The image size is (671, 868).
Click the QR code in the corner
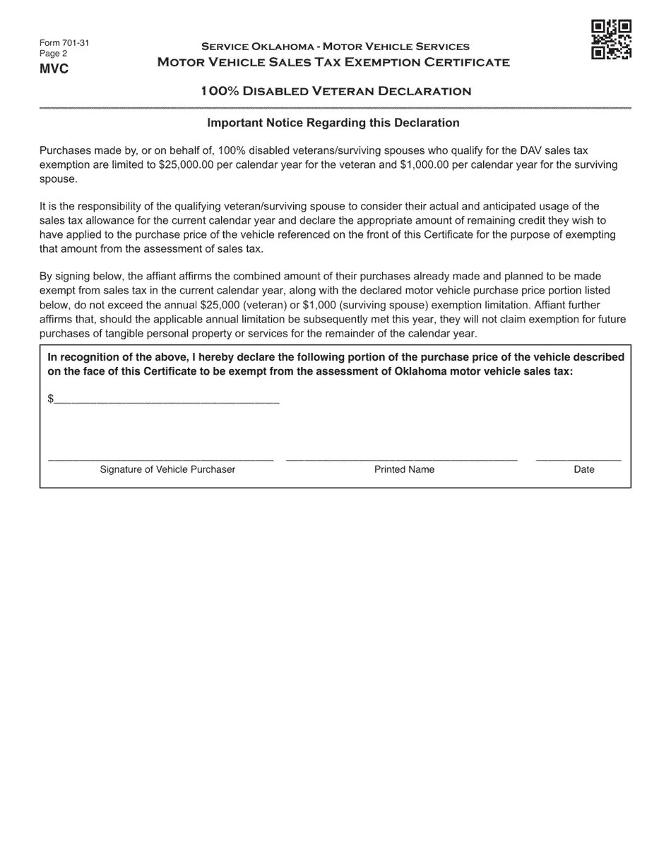click(x=611, y=40)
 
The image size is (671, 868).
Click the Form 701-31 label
click(x=64, y=43)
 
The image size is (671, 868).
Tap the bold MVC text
click(x=54, y=69)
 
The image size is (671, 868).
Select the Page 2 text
click(x=54, y=54)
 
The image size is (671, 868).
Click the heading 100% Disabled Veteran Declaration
click(x=335, y=91)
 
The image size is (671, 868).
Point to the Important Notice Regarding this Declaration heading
click(x=333, y=123)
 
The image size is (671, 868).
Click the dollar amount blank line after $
click(x=167, y=401)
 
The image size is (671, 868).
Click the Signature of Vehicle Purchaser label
click(x=167, y=469)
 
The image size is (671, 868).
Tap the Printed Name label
click(x=404, y=469)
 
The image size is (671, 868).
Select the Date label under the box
click(x=584, y=469)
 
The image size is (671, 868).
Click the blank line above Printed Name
click(x=401, y=459)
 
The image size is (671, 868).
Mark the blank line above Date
click(x=578, y=459)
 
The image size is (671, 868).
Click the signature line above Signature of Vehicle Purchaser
click(x=160, y=459)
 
